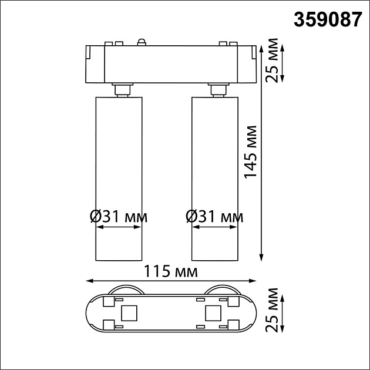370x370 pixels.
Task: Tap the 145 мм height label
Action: click(x=251, y=152)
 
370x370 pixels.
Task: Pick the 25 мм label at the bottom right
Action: click(x=271, y=310)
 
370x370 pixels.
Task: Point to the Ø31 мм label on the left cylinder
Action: click(x=118, y=217)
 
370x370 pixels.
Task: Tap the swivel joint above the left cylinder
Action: click(x=122, y=89)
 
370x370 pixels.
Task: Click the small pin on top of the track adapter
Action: click(x=141, y=41)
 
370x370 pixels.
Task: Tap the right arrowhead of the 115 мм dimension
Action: click(x=254, y=281)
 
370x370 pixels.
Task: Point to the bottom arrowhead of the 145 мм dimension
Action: click(x=262, y=257)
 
